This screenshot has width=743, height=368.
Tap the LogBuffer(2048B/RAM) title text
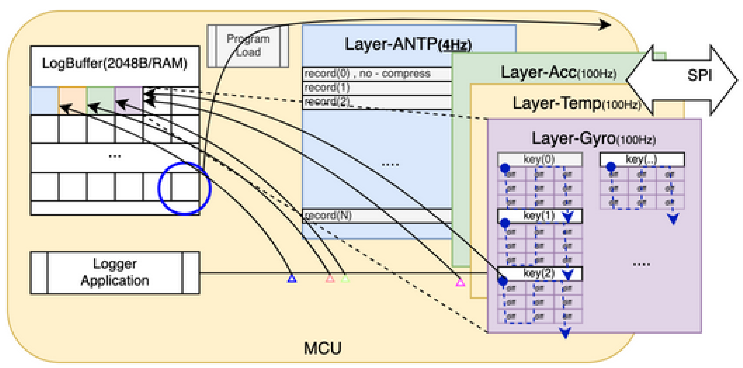114,63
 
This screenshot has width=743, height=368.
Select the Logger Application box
115,272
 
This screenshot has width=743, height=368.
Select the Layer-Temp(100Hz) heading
576,103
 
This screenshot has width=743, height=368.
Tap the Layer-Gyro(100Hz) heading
593,139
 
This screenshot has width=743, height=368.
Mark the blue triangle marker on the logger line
292,279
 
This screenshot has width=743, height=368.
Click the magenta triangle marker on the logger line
460,282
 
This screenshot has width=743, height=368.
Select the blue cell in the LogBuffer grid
44,100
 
